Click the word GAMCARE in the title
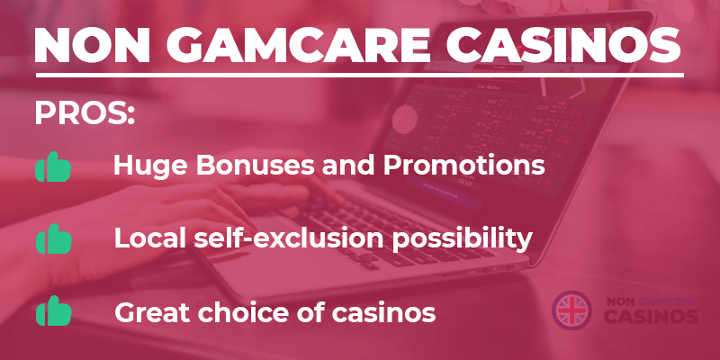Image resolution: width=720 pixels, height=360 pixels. [x=298, y=45]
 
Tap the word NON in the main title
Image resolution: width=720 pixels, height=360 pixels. [x=94, y=45]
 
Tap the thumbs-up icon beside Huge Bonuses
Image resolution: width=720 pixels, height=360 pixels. [x=53, y=166]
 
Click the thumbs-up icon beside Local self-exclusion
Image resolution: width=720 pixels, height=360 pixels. [x=54, y=238]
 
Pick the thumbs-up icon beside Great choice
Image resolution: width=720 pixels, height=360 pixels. [x=54, y=310]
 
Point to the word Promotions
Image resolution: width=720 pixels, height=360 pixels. [x=464, y=166]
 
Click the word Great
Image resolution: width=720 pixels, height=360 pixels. [x=151, y=312]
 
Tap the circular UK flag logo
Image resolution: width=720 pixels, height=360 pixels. [x=571, y=310]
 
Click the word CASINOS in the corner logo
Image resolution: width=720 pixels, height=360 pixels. [x=651, y=317]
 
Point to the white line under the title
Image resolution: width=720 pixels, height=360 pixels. [x=359, y=75]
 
